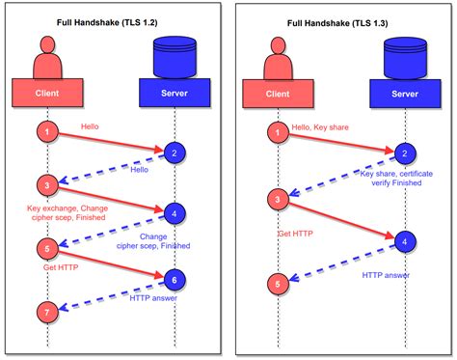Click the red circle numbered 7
[x=46, y=311]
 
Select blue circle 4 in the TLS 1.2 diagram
[x=173, y=213]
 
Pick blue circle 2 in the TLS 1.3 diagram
[x=403, y=152]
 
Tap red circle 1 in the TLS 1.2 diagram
[x=46, y=129]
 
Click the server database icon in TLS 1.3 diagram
[x=403, y=54]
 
